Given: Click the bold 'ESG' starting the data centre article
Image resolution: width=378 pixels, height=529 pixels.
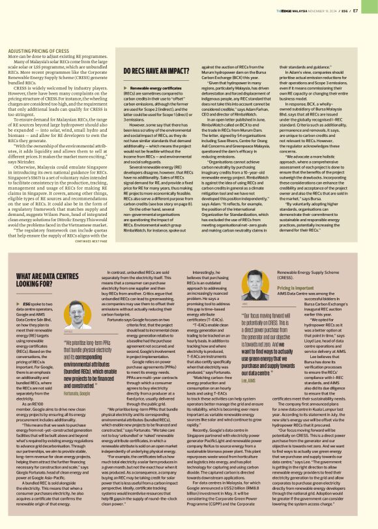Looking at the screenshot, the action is (27, 322).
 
